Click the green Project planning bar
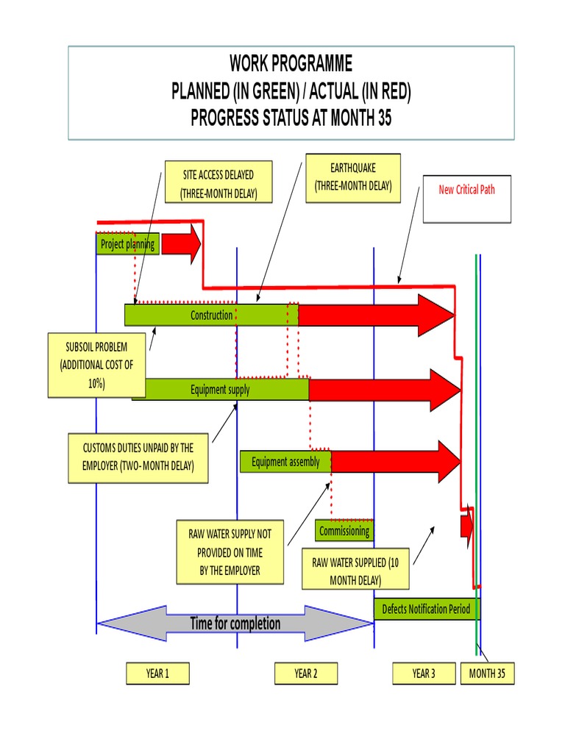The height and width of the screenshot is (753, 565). click(x=128, y=245)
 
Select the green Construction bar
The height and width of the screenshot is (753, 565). click(x=211, y=315)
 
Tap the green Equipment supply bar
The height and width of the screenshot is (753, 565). click(x=221, y=390)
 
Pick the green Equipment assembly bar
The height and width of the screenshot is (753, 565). click(x=285, y=462)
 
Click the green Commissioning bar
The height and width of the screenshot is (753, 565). click(x=344, y=530)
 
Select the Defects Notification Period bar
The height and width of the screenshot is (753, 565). click(x=426, y=610)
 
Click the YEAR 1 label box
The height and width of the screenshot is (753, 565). click(x=157, y=674)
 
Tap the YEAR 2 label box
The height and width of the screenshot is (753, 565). click(x=305, y=674)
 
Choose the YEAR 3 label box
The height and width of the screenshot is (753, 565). click(x=424, y=674)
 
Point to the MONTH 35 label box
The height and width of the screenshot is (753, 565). click(x=487, y=674)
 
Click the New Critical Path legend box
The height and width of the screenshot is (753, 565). click(x=466, y=198)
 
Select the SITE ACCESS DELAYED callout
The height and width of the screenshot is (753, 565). click(x=218, y=182)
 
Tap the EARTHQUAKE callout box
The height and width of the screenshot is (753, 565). click(x=353, y=176)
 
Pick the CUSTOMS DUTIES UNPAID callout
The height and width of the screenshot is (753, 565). click(x=138, y=457)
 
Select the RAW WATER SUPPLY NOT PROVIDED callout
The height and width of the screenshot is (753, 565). click(x=230, y=552)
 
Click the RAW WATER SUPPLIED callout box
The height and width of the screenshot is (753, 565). click(x=356, y=571)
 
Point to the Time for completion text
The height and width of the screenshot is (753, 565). click(x=235, y=624)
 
